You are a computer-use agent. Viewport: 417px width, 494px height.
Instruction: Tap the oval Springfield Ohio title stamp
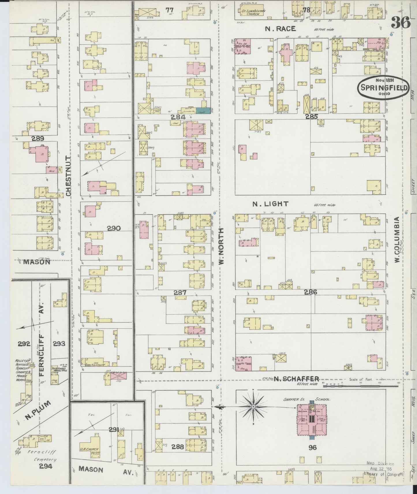pyautogui.click(x=383, y=88)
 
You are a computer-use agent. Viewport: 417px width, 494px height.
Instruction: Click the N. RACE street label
pyautogui.click(x=280, y=29)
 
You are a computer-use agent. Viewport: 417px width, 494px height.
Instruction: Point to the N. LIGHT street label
pyautogui.click(x=270, y=204)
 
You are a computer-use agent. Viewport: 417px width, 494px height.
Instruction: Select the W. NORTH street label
pyautogui.click(x=221, y=246)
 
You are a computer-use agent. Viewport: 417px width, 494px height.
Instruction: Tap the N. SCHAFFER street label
pyautogui.click(x=296, y=379)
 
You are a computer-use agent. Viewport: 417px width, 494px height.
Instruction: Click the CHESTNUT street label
pyautogui.click(x=68, y=176)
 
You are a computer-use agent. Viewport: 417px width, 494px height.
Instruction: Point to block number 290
pyautogui.click(x=114, y=229)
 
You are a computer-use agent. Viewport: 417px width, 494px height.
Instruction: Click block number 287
pyautogui.click(x=180, y=292)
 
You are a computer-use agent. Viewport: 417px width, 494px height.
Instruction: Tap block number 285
pyautogui.click(x=311, y=117)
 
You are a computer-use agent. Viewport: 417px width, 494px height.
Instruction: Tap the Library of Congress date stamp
pyautogui.click(x=380, y=469)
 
